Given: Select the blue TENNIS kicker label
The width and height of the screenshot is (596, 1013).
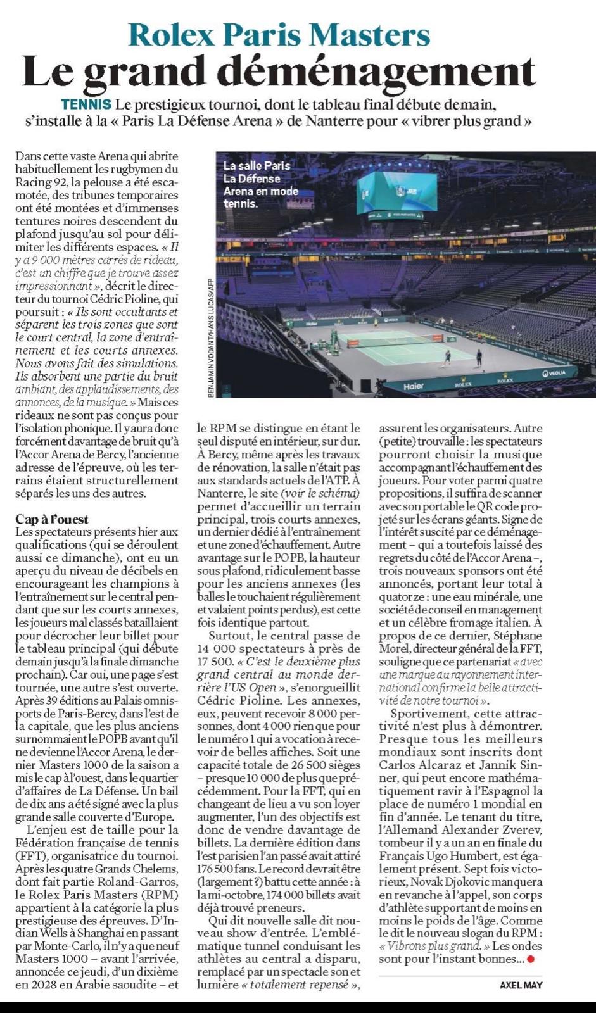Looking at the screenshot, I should [86, 104].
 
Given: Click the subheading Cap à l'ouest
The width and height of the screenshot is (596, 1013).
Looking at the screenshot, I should [52, 520].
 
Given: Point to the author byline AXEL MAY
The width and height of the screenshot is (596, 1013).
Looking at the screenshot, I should [521, 985].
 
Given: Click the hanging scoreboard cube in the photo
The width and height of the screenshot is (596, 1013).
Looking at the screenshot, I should [397, 192].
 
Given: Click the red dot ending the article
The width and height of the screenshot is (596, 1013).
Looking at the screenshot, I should [531, 959].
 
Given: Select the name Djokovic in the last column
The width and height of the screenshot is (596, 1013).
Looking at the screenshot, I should [485, 881].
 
